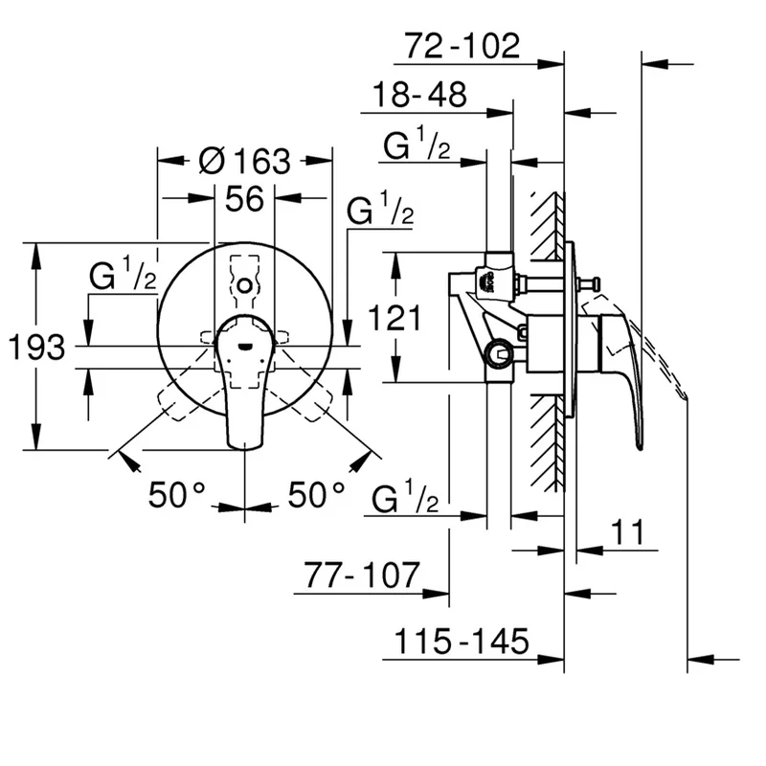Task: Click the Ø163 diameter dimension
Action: click(x=244, y=161)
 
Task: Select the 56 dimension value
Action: click(x=244, y=199)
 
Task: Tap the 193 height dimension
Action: click(x=36, y=347)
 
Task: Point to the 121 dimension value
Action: click(x=395, y=316)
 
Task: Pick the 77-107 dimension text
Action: click(x=362, y=575)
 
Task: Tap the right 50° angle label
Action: click(x=317, y=494)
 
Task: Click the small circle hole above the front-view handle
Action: click(x=245, y=285)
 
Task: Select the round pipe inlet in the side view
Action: click(x=497, y=355)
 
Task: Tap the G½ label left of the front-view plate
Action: click(x=124, y=277)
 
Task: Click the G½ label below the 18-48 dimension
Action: click(x=417, y=146)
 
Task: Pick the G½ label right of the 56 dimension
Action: click(x=380, y=212)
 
